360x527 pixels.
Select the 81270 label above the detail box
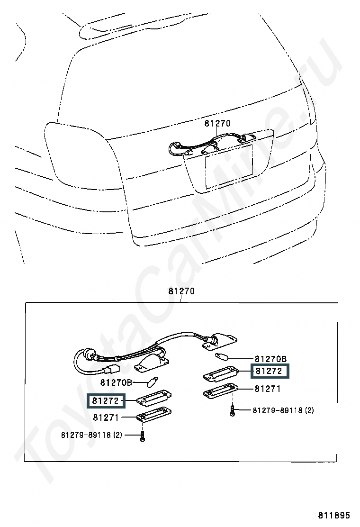click(x=181, y=291)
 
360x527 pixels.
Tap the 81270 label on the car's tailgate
click(x=217, y=124)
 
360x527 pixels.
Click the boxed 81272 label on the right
click(x=269, y=371)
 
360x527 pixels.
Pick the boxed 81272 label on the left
click(x=105, y=401)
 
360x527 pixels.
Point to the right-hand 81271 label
click(x=268, y=389)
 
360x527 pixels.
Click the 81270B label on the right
click(x=271, y=359)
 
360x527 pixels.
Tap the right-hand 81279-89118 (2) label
click(x=283, y=410)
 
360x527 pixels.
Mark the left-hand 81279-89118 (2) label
click(x=91, y=435)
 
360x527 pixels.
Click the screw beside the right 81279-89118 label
click(x=232, y=410)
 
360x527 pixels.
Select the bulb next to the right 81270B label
click(x=221, y=356)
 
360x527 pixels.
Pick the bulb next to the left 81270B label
click(x=153, y=380)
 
